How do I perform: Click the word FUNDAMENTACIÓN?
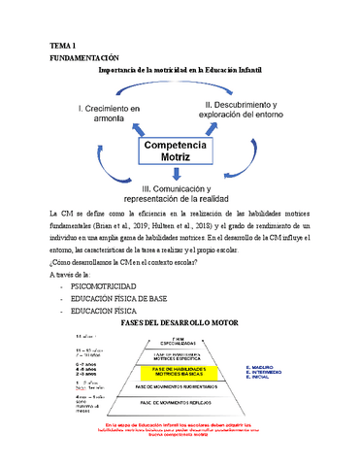(x=89, y=57)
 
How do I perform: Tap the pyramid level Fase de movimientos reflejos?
(x=180, y=401)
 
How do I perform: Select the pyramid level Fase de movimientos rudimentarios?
(x=181, y=385)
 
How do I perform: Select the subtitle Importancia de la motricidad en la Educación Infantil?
(x=180, y=70)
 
